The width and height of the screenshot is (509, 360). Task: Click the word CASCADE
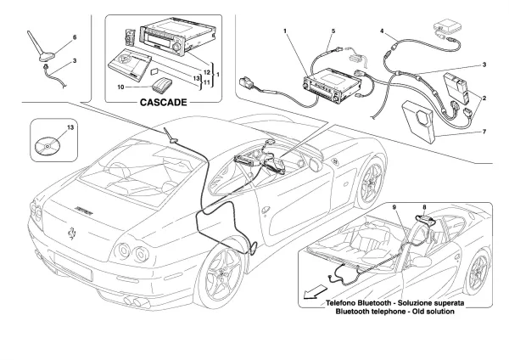(x=163, y=103)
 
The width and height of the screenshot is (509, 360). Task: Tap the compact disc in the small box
(x=48, y=146)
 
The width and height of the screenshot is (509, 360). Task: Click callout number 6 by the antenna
(x=75, y=37)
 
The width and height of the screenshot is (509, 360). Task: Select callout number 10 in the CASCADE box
(x=120, y=87)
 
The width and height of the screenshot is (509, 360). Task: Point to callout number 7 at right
(x=484, y=132)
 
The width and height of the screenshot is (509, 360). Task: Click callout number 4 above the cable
(x=382, y=31)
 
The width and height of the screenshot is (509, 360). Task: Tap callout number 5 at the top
(x=333, y=31)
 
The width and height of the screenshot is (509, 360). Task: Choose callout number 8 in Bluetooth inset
(x=424, y=207)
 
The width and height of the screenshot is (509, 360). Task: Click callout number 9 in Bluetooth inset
(x=394, y=207)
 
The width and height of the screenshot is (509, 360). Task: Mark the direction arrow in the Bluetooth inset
(x=315, y=291)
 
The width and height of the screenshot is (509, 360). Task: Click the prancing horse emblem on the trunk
(x=72, y=233)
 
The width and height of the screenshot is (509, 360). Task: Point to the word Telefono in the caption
(x=340, y=303)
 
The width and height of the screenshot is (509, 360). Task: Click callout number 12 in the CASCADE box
(x=207, y=71)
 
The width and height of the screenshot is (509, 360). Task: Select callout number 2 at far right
(x=484, y=98)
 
